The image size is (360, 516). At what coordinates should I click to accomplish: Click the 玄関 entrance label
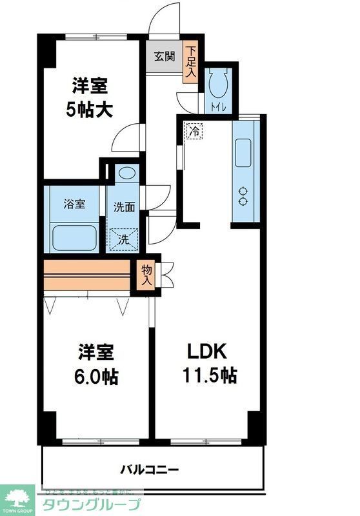click(x=163, y=56)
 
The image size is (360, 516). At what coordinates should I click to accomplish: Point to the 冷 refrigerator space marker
click(x=194, y=130)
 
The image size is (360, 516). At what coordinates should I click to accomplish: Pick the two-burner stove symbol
click(x=244, y=196)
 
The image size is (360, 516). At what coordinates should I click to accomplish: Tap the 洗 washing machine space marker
click(x=122, y=239)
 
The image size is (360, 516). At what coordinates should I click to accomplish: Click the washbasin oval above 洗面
click(x=126, y=173)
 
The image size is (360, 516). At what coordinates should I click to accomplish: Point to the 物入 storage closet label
click(x=146, y=275)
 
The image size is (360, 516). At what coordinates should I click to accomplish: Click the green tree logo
click(x=20, y=496)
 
